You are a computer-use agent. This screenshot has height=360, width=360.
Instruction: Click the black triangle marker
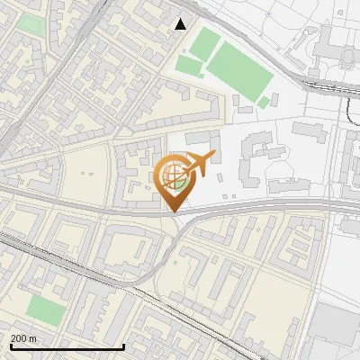(181, 24)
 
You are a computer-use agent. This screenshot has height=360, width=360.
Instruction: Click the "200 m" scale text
(24, 337)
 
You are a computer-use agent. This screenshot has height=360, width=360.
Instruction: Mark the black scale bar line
(67, 347)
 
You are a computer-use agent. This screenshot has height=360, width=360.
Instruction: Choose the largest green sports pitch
(239, 71)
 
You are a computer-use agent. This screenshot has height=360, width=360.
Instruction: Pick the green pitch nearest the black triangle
(206, 41)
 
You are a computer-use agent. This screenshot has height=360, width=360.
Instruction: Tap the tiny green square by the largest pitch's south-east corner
(264, 103)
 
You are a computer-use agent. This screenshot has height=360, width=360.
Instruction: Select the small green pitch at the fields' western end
(189, 66)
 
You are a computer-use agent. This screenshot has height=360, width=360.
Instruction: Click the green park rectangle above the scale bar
(46, 311)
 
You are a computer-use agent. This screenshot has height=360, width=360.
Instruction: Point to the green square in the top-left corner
(32, 22)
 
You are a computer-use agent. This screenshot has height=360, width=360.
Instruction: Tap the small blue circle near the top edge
(269, 14)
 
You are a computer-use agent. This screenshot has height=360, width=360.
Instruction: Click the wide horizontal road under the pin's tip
(90, 209)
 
